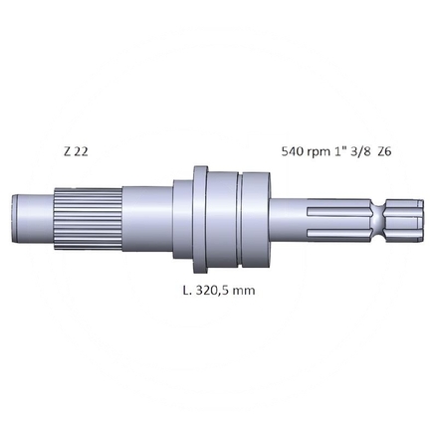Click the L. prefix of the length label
click(x=189, y=292)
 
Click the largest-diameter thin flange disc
click(x=200, y=216)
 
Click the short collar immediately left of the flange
click(x=183, y=216)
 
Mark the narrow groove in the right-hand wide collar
click(x=242, y=216)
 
